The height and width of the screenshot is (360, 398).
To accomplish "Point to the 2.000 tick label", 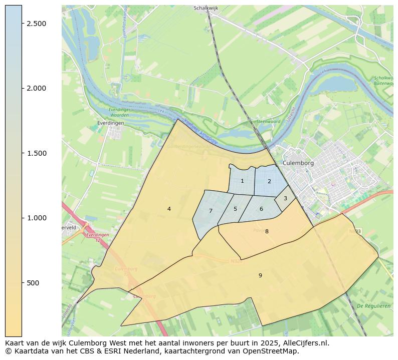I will (36, 89).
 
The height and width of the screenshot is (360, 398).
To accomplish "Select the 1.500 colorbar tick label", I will (36, 153).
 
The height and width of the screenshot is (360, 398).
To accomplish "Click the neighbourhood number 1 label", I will (242, 181).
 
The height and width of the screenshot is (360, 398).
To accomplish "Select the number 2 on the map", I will (269, 181).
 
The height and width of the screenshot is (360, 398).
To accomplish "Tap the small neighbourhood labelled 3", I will (285, 198).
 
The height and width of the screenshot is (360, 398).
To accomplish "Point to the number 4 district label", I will (169, 209).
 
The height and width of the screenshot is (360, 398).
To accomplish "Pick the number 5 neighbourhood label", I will (235, 209).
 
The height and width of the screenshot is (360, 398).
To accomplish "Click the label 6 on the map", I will (261, 209).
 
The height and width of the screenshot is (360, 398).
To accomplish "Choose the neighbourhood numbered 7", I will (211, 211).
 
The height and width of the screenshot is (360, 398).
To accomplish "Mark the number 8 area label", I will (267, 231).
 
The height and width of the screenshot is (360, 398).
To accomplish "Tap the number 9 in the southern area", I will (260, 275).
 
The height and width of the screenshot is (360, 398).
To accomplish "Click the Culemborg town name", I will (298, 163).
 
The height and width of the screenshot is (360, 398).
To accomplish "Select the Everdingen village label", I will (111, 122).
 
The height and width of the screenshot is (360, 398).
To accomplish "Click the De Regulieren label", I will (373, 305).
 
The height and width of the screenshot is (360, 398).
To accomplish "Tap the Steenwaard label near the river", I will (268, 122).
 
